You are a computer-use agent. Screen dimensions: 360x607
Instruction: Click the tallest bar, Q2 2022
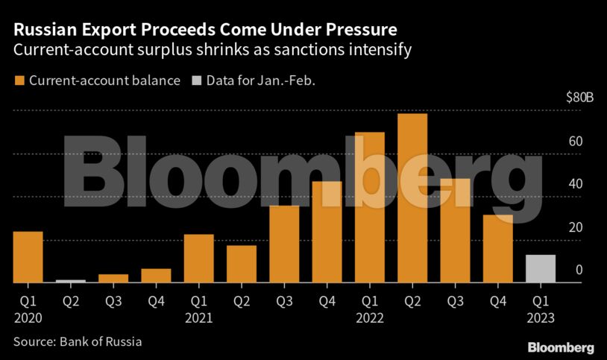[412, 198]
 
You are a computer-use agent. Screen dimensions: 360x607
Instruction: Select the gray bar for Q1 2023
[541, 269]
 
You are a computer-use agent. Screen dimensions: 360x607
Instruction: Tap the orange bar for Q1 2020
[28, 257]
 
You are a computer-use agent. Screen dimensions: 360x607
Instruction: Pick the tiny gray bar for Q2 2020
[71, 281]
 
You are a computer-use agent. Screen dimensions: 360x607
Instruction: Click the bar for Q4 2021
[327, 232]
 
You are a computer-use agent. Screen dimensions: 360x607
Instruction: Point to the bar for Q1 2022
[370, 207]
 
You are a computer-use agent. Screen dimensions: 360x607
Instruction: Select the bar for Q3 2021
[284, 244]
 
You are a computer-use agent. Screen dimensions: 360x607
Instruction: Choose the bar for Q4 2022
[497, 249]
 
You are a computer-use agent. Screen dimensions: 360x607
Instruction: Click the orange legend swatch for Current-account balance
[19, 80]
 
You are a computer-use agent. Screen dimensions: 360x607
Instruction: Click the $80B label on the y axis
[579, 98]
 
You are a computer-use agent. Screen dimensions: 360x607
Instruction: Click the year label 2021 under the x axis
[198, 318]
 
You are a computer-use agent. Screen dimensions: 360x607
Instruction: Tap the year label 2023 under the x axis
[541, 318]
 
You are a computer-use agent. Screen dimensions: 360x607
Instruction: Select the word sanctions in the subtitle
[316, 51]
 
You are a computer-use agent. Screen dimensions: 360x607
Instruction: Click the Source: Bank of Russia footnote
[77, 342]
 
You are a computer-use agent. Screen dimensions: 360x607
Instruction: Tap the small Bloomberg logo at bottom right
[561, 348]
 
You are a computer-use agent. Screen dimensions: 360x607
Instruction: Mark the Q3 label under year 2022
[455, 302]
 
